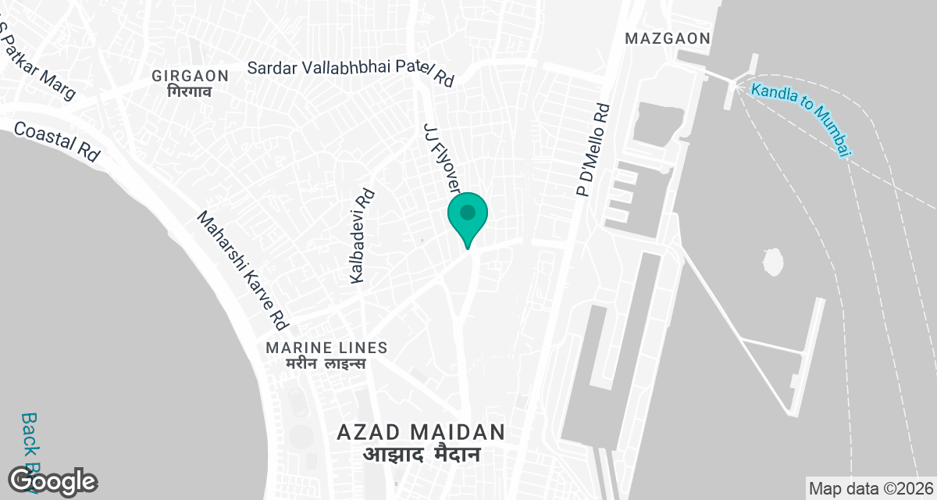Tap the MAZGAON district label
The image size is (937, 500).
[x=667, y=38]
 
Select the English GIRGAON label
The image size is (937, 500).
[x=191, y=76]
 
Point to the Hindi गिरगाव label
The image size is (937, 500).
[x=190, y=91]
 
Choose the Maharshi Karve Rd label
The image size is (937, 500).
[x=243, y=270]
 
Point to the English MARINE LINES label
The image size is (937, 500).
[x=326, y=347]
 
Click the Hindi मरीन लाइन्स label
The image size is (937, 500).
[x=326, y=364]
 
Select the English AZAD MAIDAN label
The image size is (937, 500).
[x=421, y=431]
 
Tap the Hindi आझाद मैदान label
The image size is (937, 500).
[x=421, y=454]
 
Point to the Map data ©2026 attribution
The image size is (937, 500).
[x=871, y=488]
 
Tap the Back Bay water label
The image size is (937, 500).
[x=30, y=453]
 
